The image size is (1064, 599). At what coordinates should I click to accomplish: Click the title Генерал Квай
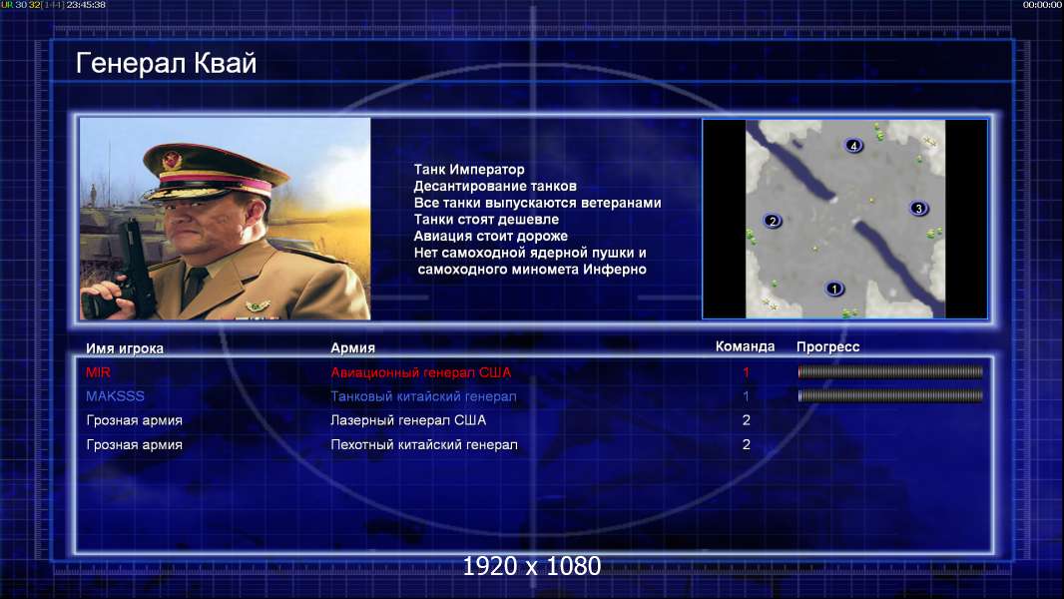(167, 63)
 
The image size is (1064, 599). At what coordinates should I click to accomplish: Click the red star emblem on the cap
(172, 160)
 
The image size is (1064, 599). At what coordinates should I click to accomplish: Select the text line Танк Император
(469, 170)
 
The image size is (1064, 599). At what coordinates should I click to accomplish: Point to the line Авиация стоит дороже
(491, 236)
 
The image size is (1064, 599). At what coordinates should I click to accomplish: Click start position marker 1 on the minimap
(834, 289)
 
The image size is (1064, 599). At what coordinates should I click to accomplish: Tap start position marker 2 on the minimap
(773, 222)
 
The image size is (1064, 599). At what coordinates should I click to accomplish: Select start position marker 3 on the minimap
(919, 209)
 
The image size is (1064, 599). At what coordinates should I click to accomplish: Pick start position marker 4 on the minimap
(853, 145)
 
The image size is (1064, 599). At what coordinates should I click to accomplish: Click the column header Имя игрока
(124, 348)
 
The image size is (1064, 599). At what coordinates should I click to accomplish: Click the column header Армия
(353, 348)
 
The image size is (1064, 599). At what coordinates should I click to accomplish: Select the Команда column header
(745, 346)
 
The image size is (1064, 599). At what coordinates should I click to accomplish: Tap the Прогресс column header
(827, 347)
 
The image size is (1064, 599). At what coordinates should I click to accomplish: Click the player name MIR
(98, 372)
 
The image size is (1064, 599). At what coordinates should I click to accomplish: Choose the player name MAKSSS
(115, 396)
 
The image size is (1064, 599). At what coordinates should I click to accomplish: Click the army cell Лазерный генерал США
(408, 420)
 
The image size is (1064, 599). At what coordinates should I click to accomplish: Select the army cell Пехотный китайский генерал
(423, 445)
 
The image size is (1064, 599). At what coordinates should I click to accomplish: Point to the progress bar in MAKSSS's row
(890, 395)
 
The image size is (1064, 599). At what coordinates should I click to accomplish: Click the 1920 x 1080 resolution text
(531, 566)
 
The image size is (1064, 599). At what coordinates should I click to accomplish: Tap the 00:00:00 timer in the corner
(1042, 5)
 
